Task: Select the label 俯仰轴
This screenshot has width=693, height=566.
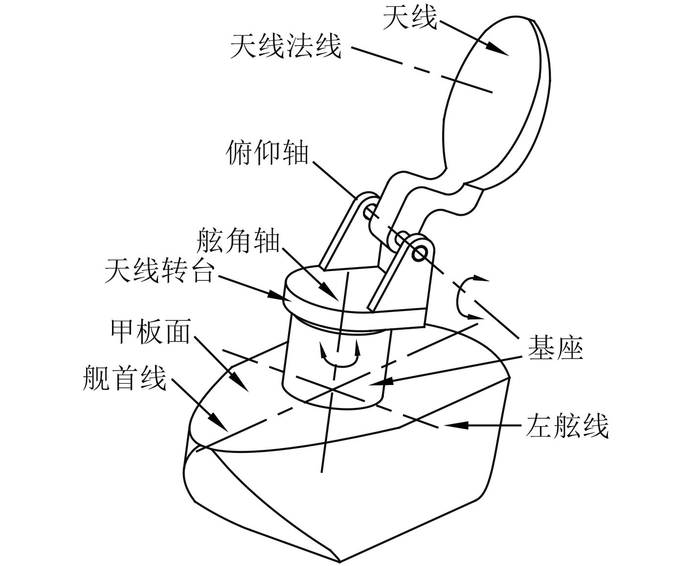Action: (268, 154)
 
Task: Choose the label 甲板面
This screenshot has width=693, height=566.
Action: (150, 332)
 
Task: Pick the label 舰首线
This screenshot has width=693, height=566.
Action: (125, 378)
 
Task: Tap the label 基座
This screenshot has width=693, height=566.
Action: (555, 349)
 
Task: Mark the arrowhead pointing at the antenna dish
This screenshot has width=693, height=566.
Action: (499, 49)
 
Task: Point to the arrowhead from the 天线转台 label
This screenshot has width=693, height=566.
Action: (276, 294)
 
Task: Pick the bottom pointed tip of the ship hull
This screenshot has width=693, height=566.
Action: (339, 561)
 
